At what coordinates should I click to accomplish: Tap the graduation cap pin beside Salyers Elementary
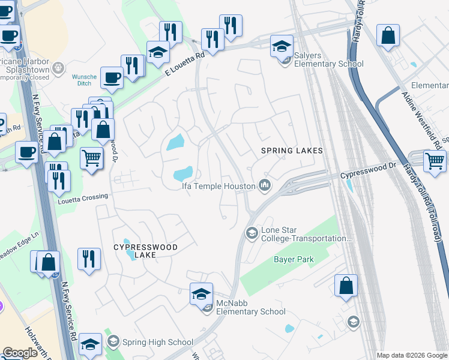(282, 46)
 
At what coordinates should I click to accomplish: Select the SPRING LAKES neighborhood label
(292, 151)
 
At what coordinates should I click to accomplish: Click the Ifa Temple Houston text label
(218, 186)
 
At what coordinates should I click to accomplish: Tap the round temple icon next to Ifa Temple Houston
(264, 186)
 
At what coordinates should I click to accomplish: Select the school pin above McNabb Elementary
(201, 293)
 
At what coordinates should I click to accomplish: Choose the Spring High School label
(157, 342)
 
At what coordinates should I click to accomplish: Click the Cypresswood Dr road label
(369, 175)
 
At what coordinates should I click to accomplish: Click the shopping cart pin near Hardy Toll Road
(435, 161)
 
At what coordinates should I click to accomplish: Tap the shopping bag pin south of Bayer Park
(346, 286)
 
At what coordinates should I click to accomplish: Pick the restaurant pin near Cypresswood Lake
(89, 259)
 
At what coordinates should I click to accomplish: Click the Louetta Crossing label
(83, 196)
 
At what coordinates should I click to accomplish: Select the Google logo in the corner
(20, 353)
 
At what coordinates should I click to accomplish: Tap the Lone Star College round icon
(252, 232)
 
